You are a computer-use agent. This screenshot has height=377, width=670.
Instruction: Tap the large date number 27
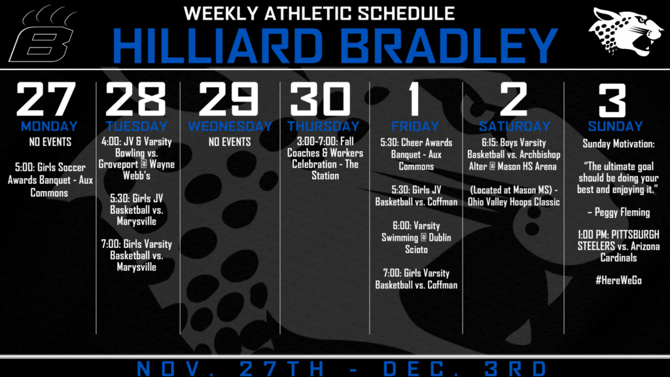(46, 99)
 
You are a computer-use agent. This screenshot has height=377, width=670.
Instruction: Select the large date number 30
(320, 99)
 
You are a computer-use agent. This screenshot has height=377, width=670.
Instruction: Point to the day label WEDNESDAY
(230, 126)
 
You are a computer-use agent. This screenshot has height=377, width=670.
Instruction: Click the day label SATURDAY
(514, 126)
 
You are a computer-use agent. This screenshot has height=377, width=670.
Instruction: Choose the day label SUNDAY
(615, 126)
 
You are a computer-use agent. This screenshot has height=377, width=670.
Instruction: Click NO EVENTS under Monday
(50, 142)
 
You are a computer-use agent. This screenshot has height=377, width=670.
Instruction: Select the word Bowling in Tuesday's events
(136, 153)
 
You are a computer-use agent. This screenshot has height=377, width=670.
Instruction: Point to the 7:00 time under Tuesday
(111, 244)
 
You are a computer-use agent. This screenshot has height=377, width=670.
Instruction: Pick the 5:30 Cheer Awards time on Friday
(390, 143)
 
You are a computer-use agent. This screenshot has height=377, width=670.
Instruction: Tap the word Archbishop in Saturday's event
(538, 154)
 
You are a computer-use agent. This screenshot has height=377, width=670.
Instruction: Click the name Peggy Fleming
(622, 213)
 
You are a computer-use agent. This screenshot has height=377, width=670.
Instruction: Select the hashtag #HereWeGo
(618, 280)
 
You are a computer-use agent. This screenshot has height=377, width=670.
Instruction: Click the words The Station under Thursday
(326, 170)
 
